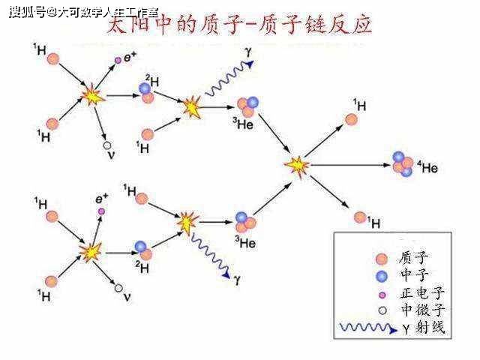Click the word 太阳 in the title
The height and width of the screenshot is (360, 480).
(128, 28)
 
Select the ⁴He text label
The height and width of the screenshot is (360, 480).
(427, 168)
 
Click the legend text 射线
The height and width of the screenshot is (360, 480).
(430, 328)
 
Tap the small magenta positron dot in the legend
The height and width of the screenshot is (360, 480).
(382, 294)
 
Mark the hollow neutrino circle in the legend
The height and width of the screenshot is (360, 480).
(382, 310)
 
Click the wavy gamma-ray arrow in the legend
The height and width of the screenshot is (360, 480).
(367, 328)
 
